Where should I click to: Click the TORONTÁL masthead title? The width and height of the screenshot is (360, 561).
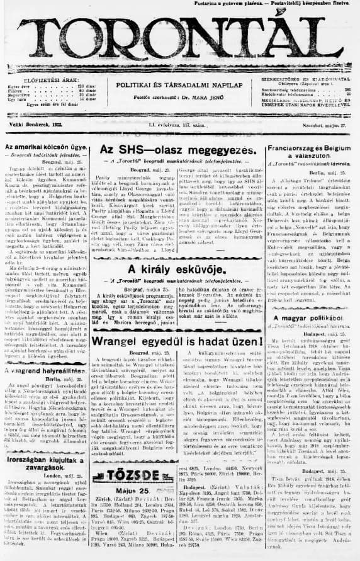(x=179, y=45)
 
